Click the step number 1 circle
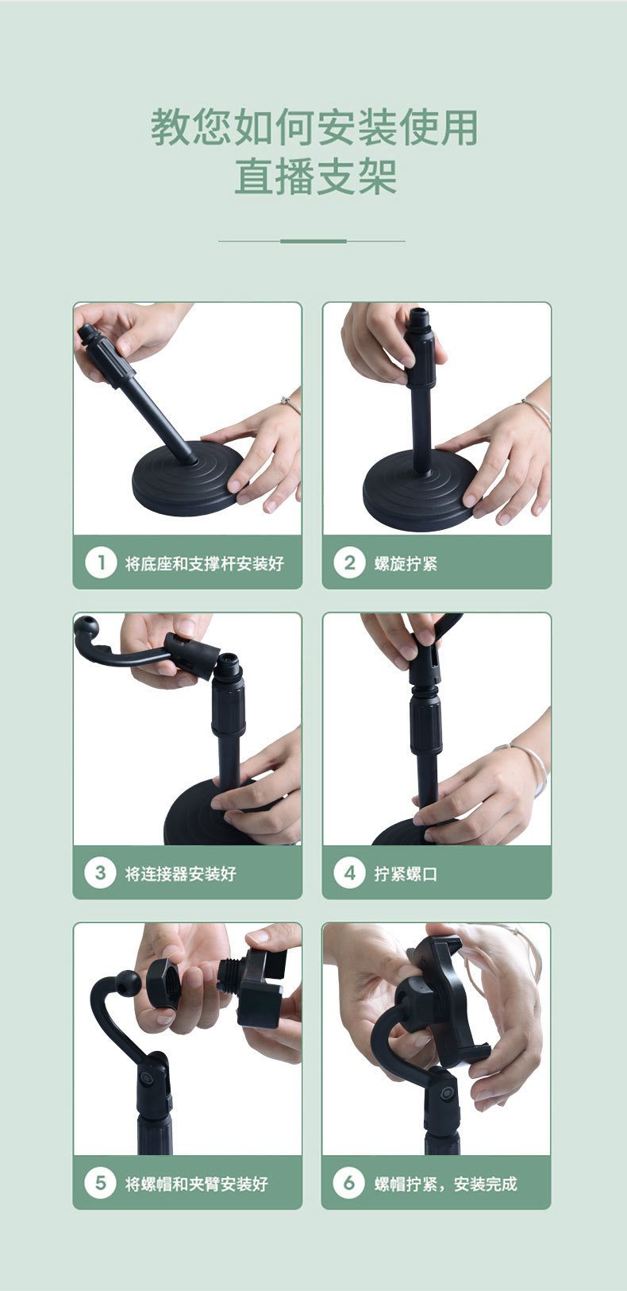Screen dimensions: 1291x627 tap(101, 563)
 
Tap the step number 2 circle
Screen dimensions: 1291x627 tap(349, 563)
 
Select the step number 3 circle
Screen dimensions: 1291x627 tap(101, 873)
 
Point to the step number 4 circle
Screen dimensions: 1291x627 tap(349, 873)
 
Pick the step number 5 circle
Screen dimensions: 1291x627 tap(101, 1183)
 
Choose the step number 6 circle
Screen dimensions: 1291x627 tap(349, 1183)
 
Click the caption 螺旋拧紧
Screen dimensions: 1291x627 tap(406, 564)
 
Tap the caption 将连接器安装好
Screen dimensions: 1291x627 tap(181, 874)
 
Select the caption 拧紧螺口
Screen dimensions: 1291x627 tap(406, 874)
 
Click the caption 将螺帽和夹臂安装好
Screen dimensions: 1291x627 tap(197, 1184)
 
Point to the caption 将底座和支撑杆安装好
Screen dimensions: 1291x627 tap(205, 564)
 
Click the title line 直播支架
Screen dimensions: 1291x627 tap(315, 177)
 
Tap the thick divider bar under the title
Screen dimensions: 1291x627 tap(313, 241)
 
